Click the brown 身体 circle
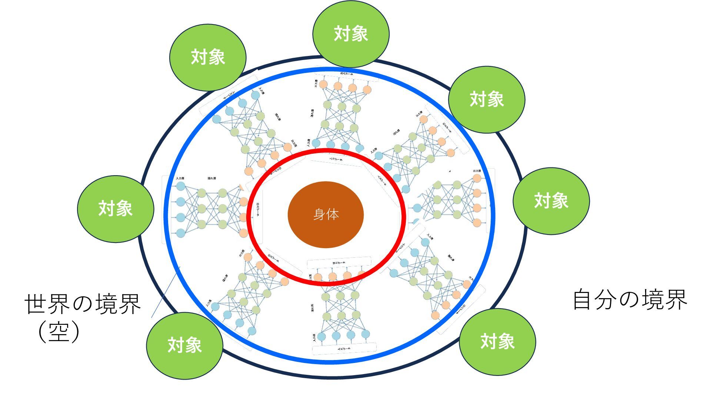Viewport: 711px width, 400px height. [326, 214]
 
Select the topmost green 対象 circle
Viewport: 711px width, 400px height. [351, 34]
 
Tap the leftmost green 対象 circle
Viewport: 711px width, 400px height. [116, 209]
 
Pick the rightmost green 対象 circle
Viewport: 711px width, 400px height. [551, 201]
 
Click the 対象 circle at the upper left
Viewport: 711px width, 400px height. [208, 57]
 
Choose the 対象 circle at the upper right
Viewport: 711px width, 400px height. [487, 99]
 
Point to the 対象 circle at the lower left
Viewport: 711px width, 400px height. [184, 345]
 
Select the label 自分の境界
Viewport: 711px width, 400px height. [630, 300]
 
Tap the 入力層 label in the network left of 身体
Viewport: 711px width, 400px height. [180, 179]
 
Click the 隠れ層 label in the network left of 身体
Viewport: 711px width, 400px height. [212, 179]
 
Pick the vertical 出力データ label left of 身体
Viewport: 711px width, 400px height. [258, 210]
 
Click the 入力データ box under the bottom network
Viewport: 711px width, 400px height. [344, 348]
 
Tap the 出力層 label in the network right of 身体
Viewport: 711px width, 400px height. [477, 171]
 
